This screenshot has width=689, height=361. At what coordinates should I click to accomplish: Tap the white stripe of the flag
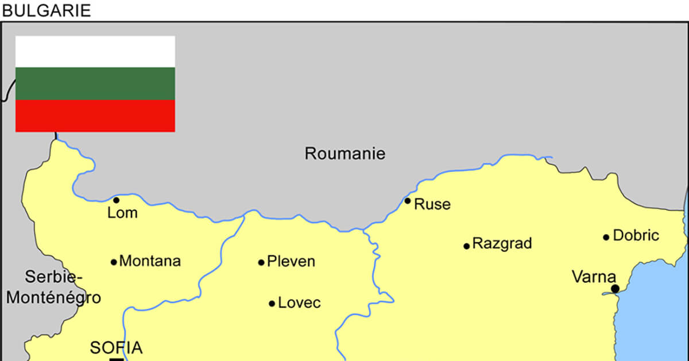coord(95,52)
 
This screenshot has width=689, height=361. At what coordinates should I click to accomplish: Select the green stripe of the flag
coord(95,83)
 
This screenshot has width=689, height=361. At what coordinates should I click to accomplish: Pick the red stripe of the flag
coord(95,115)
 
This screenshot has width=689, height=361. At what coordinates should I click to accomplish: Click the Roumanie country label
coord(344,154)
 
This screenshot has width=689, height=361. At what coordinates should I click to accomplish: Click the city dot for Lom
coord(116,200)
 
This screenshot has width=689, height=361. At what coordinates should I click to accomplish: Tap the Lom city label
coord(122,213)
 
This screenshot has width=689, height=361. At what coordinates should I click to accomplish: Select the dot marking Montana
coord(114,262)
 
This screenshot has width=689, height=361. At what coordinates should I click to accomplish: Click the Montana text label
coord(150,261)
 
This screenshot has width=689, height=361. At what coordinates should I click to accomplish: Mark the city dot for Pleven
coord(261,262)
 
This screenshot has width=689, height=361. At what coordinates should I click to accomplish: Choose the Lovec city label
coord(299,303)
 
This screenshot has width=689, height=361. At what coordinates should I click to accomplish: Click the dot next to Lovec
coord(272,304)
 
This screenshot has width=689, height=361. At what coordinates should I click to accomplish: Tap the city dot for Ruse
coord(408,201)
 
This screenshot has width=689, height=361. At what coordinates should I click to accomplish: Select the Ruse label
coord(432,204)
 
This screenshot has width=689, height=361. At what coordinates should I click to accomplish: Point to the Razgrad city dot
coord(467,246)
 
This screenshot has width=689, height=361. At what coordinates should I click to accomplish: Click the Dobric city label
coord(636,235)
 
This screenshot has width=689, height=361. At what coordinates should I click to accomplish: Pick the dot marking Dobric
coord(606,237)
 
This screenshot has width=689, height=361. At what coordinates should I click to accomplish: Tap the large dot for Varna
coord(615,289)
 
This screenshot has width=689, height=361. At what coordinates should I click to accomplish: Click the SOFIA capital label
coord(117,347)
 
